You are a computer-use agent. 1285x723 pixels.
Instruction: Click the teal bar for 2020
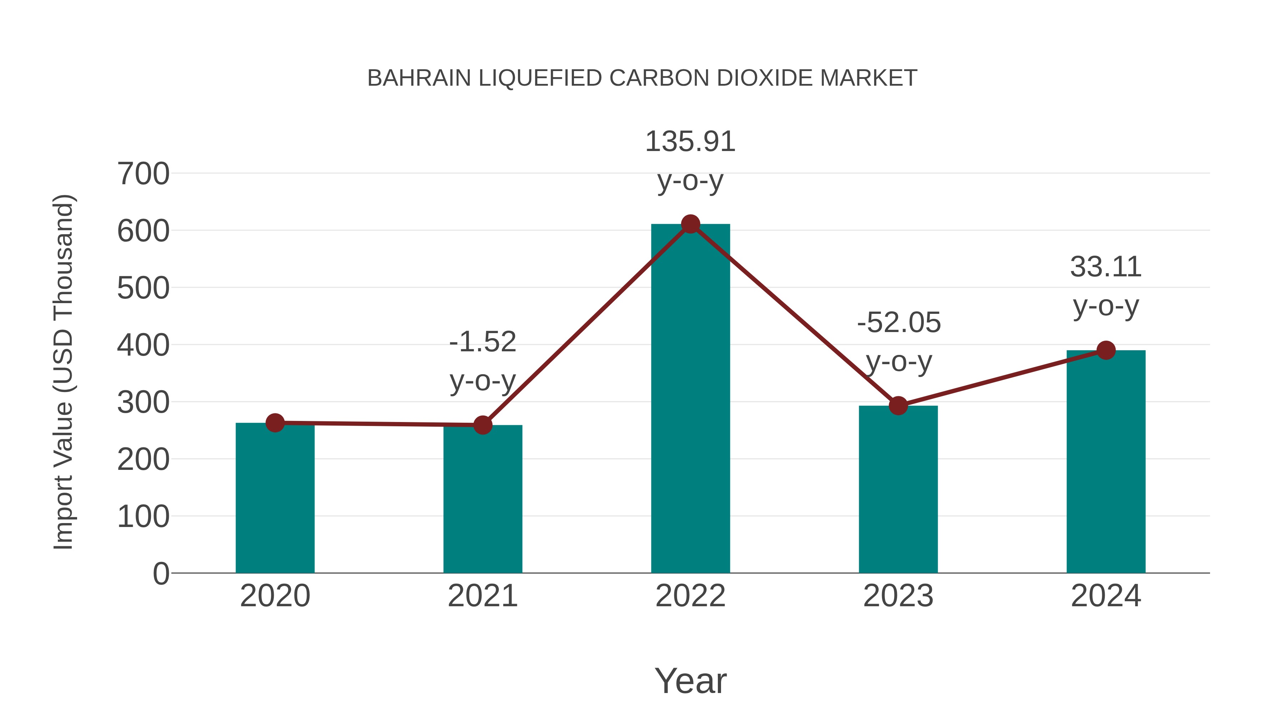click(x=275, y=499)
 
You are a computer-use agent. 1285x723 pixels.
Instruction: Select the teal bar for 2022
click(x=690, y=399)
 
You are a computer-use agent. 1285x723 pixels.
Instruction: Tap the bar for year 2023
click(x=898, y=489)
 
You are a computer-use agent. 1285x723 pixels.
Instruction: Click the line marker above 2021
click(x=482, y=425)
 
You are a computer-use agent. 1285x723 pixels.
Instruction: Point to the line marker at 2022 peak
click(x=690, y=224)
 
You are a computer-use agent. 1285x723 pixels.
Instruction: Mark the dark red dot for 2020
click(x=275, y=423)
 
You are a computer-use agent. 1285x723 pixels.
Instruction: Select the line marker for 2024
click(x=1106, y=350)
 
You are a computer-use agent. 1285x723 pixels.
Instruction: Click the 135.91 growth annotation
click(x=690, y=142)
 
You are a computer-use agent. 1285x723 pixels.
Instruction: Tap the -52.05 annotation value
click(x=899, y=323)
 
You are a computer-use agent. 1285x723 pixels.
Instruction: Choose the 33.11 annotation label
click(x=1106, y=267)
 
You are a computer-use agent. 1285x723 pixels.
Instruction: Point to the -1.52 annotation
click(x=482, y=342)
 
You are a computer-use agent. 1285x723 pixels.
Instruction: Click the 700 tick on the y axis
click(x=143, y=174)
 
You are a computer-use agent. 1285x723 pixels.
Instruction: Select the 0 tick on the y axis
click(x=161, y=574)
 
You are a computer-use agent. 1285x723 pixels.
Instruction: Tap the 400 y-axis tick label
click(x=143, y=345)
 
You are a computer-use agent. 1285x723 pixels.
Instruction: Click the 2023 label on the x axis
click(x=898, y=596)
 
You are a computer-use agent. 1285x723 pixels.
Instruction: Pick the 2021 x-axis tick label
click(x=482, y=596)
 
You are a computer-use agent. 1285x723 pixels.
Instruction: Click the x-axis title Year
click(x=690, y=681)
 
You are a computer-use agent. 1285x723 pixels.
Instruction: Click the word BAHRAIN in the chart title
click(x=419, y=78)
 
